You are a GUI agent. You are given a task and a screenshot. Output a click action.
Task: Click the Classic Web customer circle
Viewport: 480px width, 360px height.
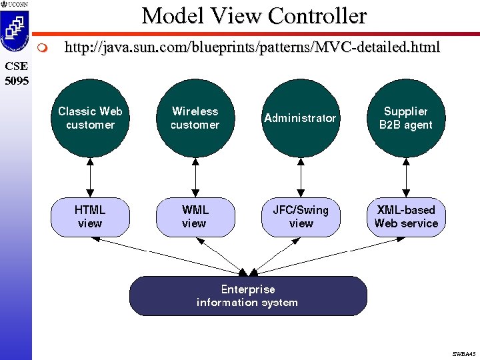[x=90, y=118]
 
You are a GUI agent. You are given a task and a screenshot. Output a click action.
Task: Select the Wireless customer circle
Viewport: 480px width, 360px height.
[x=195, y=118]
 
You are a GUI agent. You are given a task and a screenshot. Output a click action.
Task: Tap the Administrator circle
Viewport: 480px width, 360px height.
[x=300, y=118]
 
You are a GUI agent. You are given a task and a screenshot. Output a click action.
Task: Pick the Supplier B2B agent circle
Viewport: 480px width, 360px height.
[x=405, y=118]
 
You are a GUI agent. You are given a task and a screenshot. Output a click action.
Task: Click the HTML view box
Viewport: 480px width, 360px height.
[x=90, y=217]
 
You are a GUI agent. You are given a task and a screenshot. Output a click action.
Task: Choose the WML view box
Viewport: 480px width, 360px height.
[x=195, y=217]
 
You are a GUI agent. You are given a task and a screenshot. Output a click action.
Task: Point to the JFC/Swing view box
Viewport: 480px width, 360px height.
[x=301, y=217]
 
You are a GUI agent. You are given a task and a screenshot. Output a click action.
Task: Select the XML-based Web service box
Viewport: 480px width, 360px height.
[x=406, y=217]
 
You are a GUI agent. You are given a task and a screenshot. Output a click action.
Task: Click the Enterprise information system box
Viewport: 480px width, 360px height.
[x=248, y=296]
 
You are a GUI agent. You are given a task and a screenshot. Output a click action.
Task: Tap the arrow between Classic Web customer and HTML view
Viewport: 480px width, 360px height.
[x=90, y=177]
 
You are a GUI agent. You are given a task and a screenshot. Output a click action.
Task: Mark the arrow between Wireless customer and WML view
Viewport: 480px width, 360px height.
[x=195, y=177]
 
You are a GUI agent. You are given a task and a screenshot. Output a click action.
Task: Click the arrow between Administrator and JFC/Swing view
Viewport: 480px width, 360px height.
[x=301, y=177]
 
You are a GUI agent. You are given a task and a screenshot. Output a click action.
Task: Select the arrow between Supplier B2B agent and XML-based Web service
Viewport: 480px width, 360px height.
[x=406, y=177]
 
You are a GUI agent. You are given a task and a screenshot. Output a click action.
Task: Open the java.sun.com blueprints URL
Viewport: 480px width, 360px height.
[x=251, y=47]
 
